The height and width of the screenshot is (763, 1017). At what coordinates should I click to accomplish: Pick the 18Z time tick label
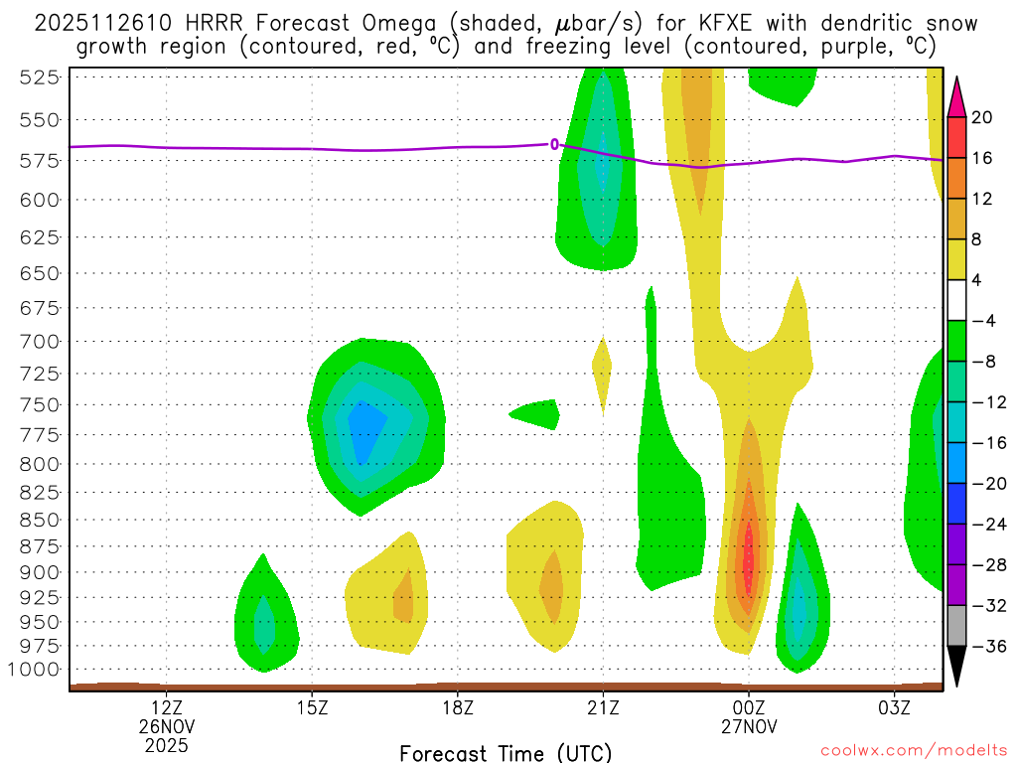coord(457,707)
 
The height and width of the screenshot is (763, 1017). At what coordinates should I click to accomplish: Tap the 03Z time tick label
coord(895,707)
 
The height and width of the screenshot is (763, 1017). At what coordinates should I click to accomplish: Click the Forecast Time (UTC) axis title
coord(506,752)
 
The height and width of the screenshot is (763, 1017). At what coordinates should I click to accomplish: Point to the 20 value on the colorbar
coord(982,117)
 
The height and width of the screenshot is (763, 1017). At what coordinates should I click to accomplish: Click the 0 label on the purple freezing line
coord(554,145)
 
